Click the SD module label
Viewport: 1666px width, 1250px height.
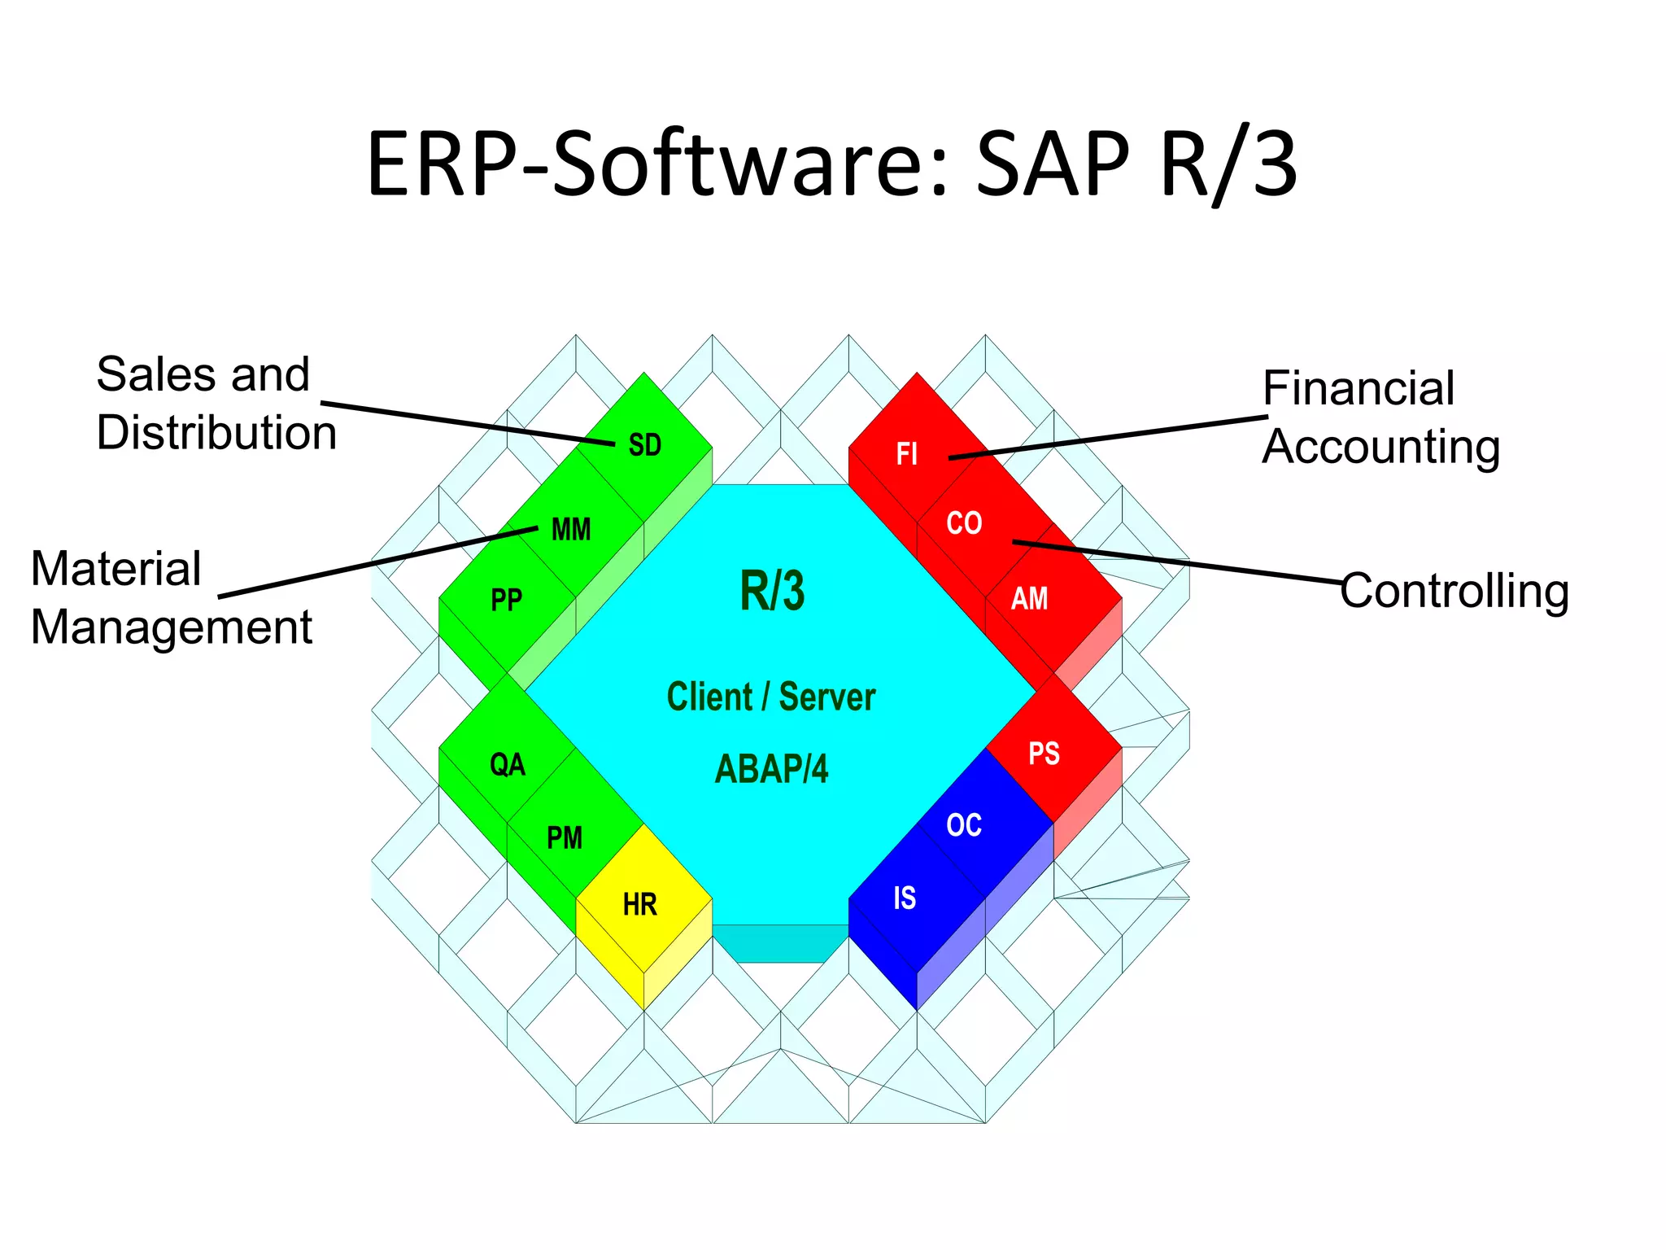644,445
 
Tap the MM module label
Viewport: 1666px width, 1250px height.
571,530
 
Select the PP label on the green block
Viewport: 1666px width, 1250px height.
506,601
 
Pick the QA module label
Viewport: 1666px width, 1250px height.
508,765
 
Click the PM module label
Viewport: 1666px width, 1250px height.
565,837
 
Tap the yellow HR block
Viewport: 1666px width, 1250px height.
641,903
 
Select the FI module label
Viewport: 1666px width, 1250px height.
907,453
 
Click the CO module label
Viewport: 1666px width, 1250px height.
964,523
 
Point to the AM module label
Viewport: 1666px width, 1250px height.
1029,599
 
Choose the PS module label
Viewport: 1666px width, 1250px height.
1044,754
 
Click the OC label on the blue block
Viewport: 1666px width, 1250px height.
964,825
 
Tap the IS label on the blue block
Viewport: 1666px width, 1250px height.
905,898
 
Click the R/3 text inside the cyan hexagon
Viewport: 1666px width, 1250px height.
772,591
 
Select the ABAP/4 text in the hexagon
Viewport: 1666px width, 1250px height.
771,769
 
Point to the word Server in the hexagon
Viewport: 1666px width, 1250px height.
826,697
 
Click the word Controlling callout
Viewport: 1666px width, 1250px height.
1454,591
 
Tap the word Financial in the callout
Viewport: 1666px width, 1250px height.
1359,388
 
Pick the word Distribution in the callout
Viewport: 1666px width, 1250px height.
216,432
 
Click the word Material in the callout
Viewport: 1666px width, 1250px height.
116,568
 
